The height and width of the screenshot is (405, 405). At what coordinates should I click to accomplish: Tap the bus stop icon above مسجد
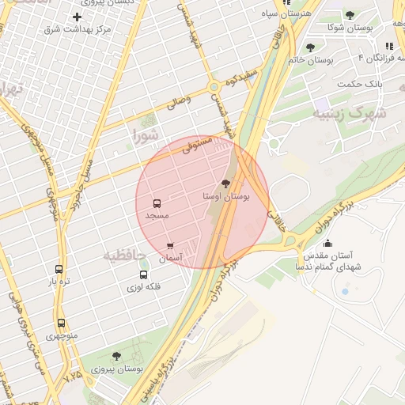pyautogui.click(x=157, y=203)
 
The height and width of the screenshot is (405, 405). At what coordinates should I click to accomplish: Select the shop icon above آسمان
pyautogui.click(x=170, y=247)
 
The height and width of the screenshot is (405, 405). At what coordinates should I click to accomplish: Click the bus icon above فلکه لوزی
pyautogui.click(x=143, y=275)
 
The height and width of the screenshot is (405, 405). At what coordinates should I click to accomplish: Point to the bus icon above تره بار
pyautogui.click(x=59, y=269)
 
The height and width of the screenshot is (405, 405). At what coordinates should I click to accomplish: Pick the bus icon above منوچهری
pyautogui.click(x=61, y=323)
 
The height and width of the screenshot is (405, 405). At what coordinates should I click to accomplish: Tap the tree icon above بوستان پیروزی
pyautogui.click(x=117, y=357)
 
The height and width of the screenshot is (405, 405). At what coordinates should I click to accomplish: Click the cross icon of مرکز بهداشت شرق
pyautogui.click(x=77, y=17)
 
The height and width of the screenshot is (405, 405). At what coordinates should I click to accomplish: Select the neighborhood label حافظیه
pyautogui.click(x=125, y=255)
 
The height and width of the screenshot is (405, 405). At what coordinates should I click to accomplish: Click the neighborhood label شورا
pyautogui.click(x=146, y=135)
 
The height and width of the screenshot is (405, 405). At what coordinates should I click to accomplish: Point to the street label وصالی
pyautogui.click(x=178, y=101)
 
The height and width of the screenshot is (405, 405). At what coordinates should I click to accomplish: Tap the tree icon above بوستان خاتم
pyautogui.click(x=310, y=48)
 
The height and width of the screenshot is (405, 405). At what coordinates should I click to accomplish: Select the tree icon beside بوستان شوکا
pyautogui.click(x=350, y=15)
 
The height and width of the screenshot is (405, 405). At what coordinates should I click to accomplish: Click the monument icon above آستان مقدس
pyautogui.click(x=328, y=243)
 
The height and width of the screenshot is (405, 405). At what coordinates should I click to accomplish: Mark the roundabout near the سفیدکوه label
pyautogui.click(x=214, y=86)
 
